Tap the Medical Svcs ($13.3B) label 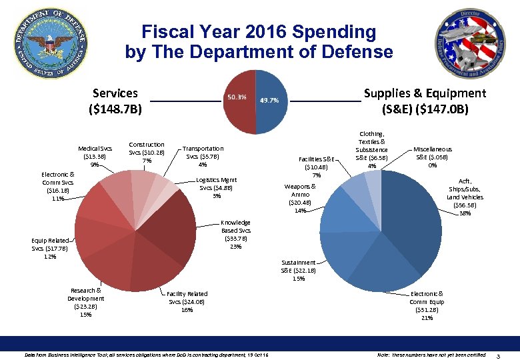95,156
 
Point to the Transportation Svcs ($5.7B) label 203,156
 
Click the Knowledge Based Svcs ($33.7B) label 237,234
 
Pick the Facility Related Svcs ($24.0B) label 187,301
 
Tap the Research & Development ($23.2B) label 85,302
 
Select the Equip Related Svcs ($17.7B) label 49,248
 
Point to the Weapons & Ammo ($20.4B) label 300,198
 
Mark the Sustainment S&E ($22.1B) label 298,270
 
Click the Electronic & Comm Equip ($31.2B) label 426,305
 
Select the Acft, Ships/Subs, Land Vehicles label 465,197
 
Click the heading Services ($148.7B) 115,101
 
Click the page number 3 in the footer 507,354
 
